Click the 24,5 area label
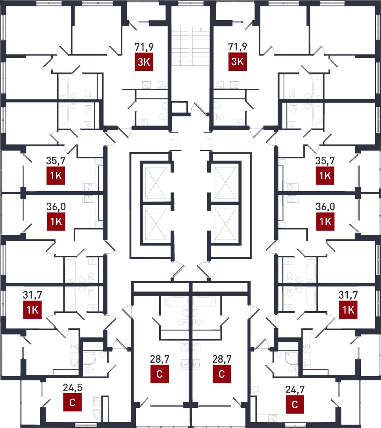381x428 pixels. coord(72,388)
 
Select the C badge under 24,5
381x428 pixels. coord(72,402)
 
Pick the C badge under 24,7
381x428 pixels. coord(295,404)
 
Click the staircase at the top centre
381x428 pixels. coord(190,46)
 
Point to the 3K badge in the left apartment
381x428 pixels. coord(144,62)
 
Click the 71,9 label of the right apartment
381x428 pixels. coord(237,47)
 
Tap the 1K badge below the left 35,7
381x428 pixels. coord(56,176)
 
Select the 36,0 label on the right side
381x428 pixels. coord(325,207)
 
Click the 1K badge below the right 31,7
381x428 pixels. coord(348,310)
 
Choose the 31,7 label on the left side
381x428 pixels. coord(32,295)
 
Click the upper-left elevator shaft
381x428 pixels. coord(156,183)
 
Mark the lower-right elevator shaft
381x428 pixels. coord(226,224)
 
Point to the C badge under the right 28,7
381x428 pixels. coord(222,374)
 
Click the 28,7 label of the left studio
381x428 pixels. coord(160,359)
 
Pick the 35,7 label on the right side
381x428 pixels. coord(325,161)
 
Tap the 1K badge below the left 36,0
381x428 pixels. coord(56,221)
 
